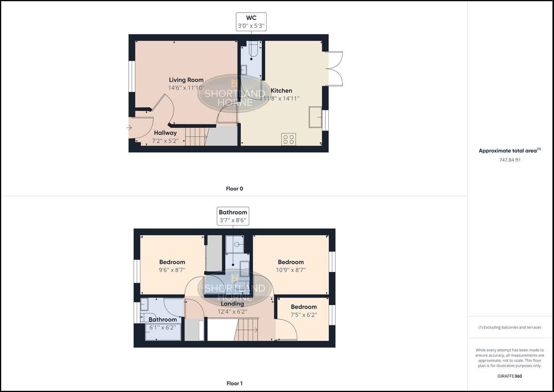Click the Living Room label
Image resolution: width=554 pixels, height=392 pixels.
186,80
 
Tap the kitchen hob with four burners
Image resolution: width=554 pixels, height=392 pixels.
289,139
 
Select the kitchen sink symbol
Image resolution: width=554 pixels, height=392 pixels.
315,117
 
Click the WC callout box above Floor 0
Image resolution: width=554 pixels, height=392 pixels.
251,22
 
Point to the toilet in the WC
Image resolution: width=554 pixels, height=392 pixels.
253,50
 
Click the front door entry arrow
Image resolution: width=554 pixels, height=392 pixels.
129,128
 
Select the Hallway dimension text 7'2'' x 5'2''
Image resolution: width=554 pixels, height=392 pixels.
165,141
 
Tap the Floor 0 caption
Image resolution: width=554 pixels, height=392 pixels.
234,189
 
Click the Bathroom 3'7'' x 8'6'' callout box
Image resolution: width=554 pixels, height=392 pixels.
233,216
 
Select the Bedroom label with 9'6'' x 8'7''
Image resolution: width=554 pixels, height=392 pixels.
172,262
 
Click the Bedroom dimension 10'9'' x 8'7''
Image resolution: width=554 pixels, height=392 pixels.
291,270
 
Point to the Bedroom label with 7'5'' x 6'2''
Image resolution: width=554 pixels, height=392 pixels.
304,307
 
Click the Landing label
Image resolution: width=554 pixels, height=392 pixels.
232,304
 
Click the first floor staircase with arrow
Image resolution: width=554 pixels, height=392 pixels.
247,330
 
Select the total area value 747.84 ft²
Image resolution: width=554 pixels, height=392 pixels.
509,160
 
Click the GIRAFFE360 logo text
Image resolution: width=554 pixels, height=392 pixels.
509,376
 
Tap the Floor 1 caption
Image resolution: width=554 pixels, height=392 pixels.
234,383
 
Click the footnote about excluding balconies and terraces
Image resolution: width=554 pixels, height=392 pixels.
509,327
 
